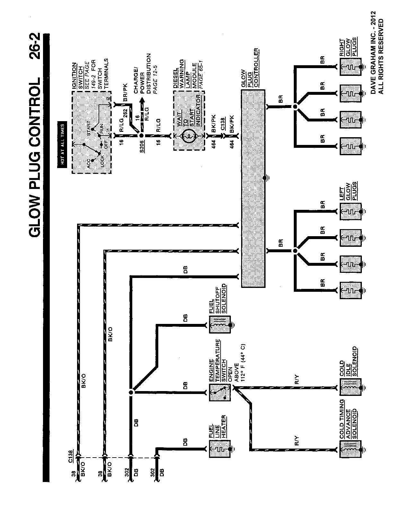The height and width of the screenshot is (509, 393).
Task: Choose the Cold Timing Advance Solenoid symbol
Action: (350, 451)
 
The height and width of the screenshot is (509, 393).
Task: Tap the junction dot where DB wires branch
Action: (131, 392)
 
